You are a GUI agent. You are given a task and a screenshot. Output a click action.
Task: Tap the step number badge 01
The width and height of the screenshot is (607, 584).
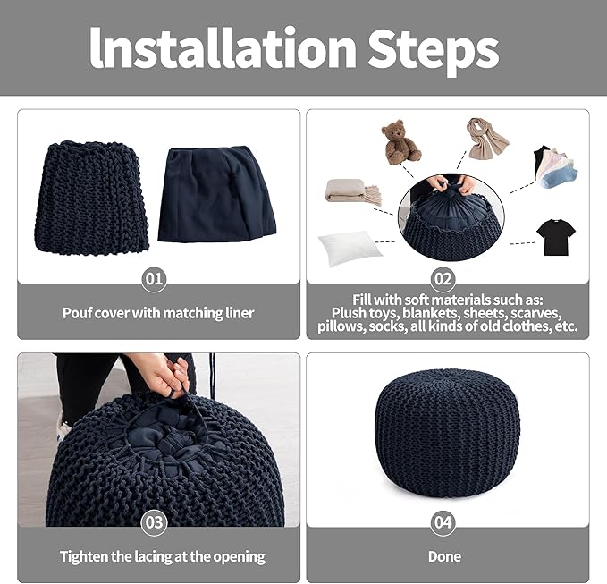(x=154, y=279)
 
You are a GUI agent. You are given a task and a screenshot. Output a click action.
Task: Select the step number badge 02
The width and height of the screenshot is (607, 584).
(x=443, y=279)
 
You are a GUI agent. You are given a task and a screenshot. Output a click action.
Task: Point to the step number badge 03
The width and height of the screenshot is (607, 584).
(x=154, y=522)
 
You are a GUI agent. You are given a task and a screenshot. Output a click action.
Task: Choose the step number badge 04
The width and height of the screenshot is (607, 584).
(x=443, y=522)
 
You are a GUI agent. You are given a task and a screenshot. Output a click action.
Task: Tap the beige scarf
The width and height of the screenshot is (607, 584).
(x=486, y=139)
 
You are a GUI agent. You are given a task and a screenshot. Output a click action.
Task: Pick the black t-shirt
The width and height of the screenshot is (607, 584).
(x=556, y=237)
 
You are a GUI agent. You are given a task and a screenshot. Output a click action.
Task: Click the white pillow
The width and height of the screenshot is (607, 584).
(x=350, y=248)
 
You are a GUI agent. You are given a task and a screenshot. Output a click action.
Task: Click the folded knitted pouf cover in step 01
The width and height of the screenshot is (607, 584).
(x=91, y=198)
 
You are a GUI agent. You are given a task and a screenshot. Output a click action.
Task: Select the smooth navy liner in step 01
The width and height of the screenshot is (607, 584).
(x=216, y=194)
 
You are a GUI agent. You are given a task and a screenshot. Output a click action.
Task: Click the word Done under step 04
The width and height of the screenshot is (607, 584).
(x=444, y=556)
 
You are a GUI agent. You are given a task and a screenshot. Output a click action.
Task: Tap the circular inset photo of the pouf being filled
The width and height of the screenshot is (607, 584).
(x=451, y=216)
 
